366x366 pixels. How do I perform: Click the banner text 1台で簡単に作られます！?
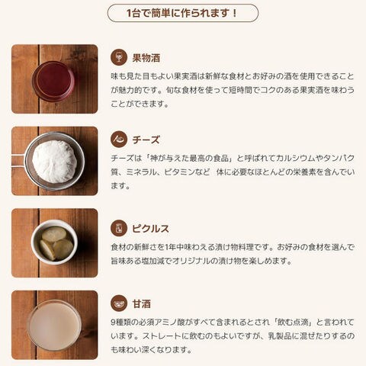pos(182,13)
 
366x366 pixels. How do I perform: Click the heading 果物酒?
pos(146,58)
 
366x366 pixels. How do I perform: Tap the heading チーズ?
pos(146,140)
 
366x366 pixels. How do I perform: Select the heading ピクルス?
pos(150,229)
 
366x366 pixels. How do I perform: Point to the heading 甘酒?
pos(142,303)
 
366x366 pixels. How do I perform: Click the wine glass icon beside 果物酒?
pos(119,57)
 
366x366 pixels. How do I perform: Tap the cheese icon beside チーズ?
pos(119,140)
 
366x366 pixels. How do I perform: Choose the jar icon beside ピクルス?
pos(119,228)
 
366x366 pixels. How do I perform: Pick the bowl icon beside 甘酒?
pos(119,303)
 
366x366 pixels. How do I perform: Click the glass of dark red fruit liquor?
pos(53,82)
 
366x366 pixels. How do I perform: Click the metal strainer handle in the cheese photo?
pos(18,161)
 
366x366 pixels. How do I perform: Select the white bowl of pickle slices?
pos(54,242)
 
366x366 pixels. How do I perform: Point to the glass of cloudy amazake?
pos(54,326)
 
